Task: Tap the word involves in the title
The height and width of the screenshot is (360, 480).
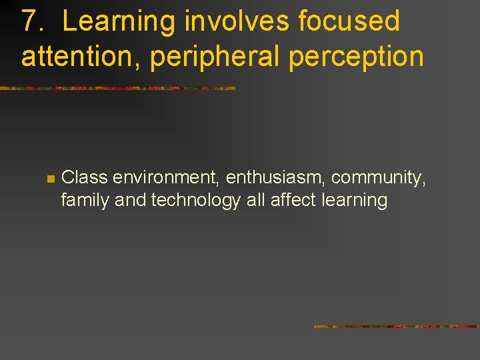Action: pyautogui.click(x=237, y=21)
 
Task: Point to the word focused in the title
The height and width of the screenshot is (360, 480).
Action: pyautogui.click(x=349, y=21)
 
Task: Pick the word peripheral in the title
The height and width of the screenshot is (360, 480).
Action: pyautogui.click(x=215, y=57)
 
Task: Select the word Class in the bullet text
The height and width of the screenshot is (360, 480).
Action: pyautogui.click(x=85, y=178)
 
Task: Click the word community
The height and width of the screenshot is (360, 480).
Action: pyautogui.click(x=378, y=178)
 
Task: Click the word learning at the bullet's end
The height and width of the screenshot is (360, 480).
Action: pyautogui.click(x=353, y=200)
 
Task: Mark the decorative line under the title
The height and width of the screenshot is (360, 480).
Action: pyautogui.click(x=118, y=88)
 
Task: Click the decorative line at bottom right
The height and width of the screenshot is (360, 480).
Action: pyautogui.click(x=397, y=327)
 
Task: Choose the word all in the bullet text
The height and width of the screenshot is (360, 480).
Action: pyautogui.click(x=255, y=200)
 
